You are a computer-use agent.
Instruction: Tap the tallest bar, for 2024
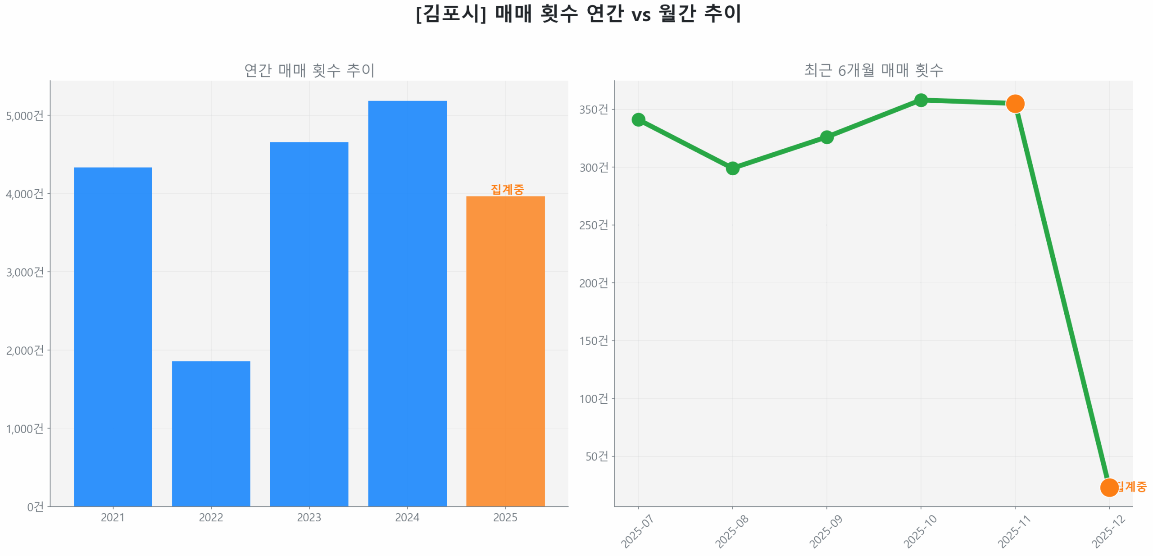click(x=407, y=303)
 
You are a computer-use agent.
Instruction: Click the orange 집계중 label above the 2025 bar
click(x=507, y=189)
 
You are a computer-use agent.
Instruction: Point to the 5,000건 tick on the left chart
click(x=25, y=116)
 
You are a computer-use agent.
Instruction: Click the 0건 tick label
click(x=35, y=507)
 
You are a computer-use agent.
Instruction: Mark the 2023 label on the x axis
click(x=309, y=517)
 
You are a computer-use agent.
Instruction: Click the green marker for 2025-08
click(x=732, y=168)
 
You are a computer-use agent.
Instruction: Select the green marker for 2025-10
click(x=921, y=100)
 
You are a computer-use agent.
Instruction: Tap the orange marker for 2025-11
click(x=1015, y=104)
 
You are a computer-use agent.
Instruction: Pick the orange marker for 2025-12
click(x=1109, y=487)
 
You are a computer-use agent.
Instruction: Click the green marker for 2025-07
click(x=638, y=119)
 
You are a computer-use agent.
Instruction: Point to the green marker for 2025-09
click(x=826, y=137)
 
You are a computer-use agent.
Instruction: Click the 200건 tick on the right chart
click(x=593, y=283)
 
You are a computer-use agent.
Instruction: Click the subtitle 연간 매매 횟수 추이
click(x=309, y=70)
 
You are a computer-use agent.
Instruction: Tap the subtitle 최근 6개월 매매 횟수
click(x=873, y=70)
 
